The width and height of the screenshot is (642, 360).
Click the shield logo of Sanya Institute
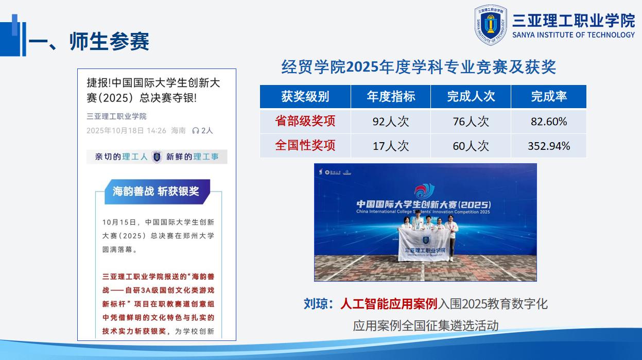(491, 25)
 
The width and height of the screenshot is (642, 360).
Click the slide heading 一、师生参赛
(89, 42)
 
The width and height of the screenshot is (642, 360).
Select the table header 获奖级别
(305, 96)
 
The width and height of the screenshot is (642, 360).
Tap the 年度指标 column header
(391, 96)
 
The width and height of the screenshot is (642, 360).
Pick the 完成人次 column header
(471, 96)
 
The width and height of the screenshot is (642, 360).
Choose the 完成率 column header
(549, 96)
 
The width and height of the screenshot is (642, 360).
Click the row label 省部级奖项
(305, 121)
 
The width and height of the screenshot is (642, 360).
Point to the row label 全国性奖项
(305, 146)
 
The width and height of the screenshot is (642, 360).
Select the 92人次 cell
(391, 122)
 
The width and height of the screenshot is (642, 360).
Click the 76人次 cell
(471, 122)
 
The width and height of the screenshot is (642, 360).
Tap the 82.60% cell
(549, 122)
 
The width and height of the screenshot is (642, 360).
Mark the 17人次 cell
(391, 146)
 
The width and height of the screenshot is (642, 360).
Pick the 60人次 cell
(471, 146)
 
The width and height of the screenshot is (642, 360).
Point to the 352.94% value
(549, 146)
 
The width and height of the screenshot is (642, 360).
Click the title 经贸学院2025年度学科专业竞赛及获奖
(419, 67)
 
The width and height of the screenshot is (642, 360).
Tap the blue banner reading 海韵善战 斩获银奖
(156, 192)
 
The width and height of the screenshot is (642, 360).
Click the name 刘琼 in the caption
(317, 304)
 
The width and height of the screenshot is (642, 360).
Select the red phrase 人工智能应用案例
(389, 304)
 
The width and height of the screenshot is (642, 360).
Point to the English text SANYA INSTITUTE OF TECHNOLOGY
(574, 35)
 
